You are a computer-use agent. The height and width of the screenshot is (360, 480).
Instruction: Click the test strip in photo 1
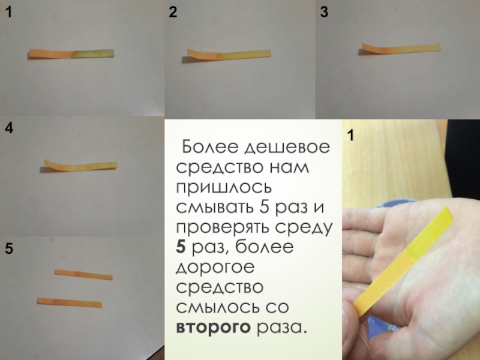(x=71, y=53)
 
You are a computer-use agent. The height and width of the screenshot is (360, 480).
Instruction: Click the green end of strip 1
(x=94, y=53)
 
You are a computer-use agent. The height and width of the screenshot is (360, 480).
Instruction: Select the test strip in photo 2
(x=229, y=54)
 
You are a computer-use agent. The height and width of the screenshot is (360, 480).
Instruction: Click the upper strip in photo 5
(x=83, y=274)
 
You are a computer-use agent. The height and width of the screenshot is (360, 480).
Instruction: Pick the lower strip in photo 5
(x=70, y=302)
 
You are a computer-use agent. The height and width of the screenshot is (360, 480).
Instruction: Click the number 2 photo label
(x=173, y=12)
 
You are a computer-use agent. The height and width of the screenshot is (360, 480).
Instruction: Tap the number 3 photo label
(x=324, y=12)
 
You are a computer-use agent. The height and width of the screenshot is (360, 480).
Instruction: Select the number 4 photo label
(x=9, y=128)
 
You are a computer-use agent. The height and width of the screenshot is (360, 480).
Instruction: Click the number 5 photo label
(x=9, y=248)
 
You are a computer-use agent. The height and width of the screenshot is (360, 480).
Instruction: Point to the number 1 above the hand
(x=351, y=136)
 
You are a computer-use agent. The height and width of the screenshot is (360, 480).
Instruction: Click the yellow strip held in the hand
(x=403, y=261)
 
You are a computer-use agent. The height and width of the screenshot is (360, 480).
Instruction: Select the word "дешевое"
(x=287, y=148)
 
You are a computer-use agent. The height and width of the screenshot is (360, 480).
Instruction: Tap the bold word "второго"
(x=214, y=328)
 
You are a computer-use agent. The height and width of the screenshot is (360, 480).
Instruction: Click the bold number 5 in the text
(x=181, y=247)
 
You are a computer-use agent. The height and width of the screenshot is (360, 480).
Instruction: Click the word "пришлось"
(x=224, y=188)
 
